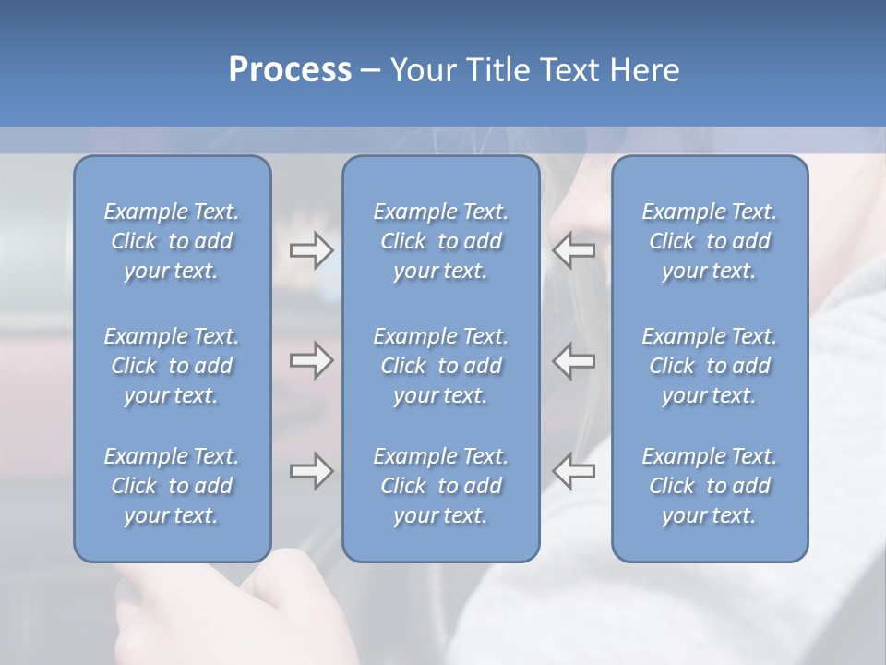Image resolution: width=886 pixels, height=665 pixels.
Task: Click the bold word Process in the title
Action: click(290, 70)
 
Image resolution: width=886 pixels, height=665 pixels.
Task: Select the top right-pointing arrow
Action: click(311, 250)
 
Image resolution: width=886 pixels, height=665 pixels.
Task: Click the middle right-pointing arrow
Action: click(311, 360)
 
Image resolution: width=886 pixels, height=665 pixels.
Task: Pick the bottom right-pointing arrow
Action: click(311, 471)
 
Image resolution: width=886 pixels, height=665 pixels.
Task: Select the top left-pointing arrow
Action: click(574, 250)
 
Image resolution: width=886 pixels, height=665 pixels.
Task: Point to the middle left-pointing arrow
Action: click(574, 360)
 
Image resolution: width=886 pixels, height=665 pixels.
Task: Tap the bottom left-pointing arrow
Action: click(574, 471)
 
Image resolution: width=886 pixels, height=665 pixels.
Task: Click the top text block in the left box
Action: click(172, 241)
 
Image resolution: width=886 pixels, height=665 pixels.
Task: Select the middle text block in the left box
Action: click(172, 366)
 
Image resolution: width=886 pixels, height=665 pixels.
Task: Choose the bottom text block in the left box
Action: click(172, 486)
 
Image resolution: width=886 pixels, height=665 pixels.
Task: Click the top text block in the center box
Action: click(440, 241)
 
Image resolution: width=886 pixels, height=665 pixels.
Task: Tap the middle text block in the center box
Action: click(440, 366)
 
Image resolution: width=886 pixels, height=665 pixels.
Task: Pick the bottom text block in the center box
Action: click(440, 486)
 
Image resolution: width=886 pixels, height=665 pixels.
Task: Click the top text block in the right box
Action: click(710, 241)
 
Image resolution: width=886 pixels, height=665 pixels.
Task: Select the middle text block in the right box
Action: click(710, 366)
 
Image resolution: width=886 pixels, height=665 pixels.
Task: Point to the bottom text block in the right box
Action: click(710, 486)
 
